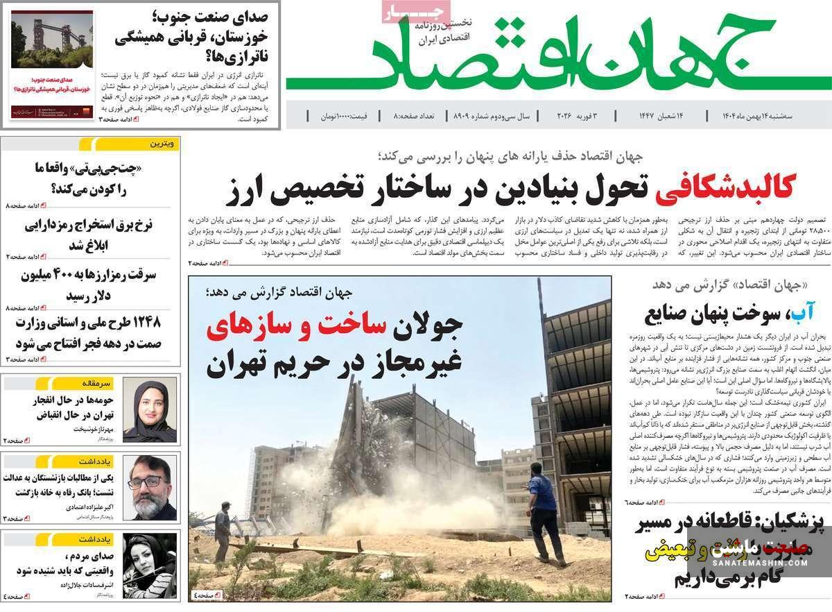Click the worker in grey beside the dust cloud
point(223,531)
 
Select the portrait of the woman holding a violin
point(150,566)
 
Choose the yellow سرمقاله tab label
point(97,382)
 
